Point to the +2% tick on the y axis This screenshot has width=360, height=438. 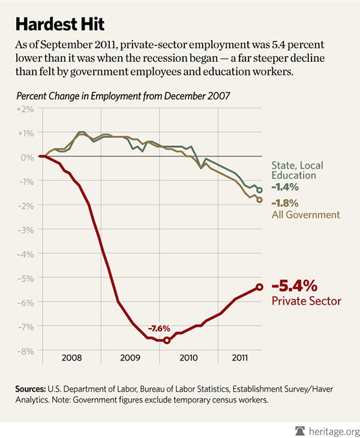27,109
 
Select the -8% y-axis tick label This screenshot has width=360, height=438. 27,350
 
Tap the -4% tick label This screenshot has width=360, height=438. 27,254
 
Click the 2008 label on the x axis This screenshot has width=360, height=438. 71,358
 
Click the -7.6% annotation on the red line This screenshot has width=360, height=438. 160,329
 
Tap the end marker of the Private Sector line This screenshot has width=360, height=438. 260,287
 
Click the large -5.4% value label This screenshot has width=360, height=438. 296,286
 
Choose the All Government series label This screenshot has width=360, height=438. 305,214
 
